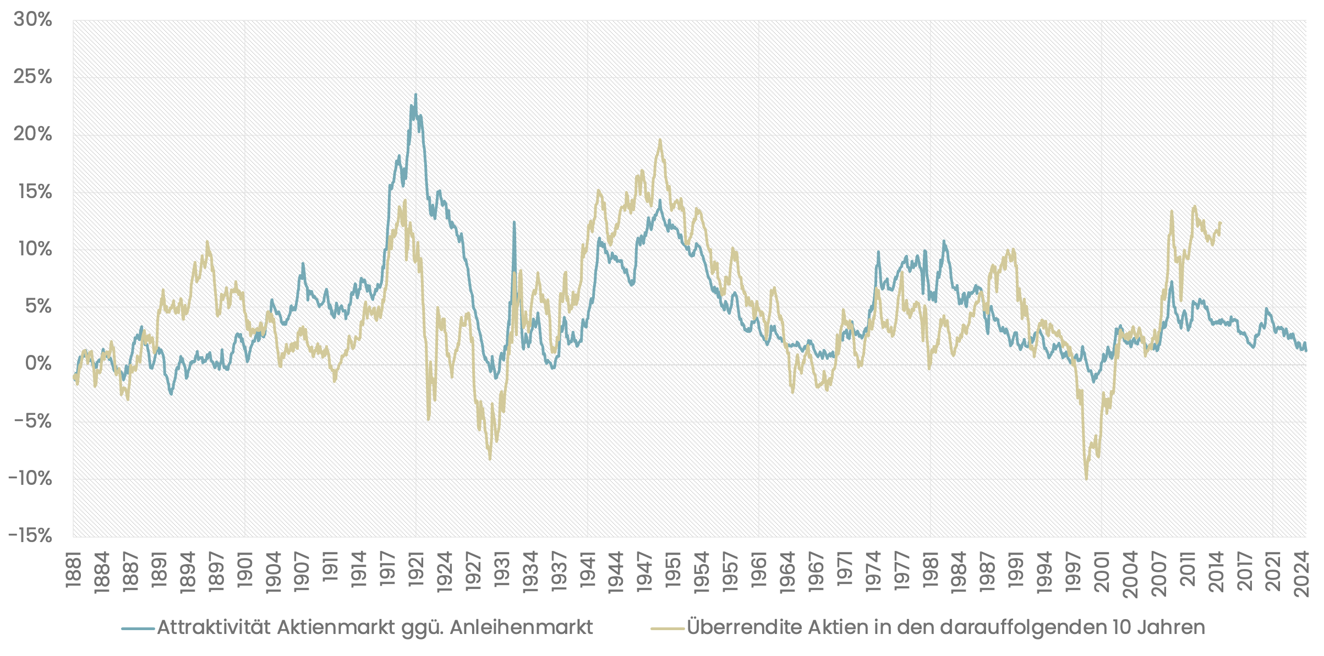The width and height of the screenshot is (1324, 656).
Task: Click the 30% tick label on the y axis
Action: (32, 20)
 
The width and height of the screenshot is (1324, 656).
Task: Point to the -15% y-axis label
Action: (30, 535)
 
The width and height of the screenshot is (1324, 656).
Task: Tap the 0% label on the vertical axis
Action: (39, 364)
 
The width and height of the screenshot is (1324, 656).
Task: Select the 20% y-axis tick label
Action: (32, 135)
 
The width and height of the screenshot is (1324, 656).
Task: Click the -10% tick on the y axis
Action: (30, 478)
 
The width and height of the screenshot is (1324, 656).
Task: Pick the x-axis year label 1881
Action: (74, 572)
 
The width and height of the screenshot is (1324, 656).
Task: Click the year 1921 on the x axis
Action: (417, 572)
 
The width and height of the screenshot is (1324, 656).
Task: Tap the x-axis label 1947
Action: (645, 572)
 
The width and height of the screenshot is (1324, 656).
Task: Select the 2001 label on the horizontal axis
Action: (1102, 572)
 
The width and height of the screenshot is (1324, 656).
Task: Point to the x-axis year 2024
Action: (1301, 572)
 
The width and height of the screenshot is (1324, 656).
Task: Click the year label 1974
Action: (873, 572)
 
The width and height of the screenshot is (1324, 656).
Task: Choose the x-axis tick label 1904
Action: (273, 572)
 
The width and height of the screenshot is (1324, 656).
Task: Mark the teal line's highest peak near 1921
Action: (415, 95)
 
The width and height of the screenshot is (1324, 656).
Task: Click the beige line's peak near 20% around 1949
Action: (660, 140)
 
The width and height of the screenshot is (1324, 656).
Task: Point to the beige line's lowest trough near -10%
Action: (1086, 479)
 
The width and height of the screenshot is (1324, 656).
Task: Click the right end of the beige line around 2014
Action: (1220, 223)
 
